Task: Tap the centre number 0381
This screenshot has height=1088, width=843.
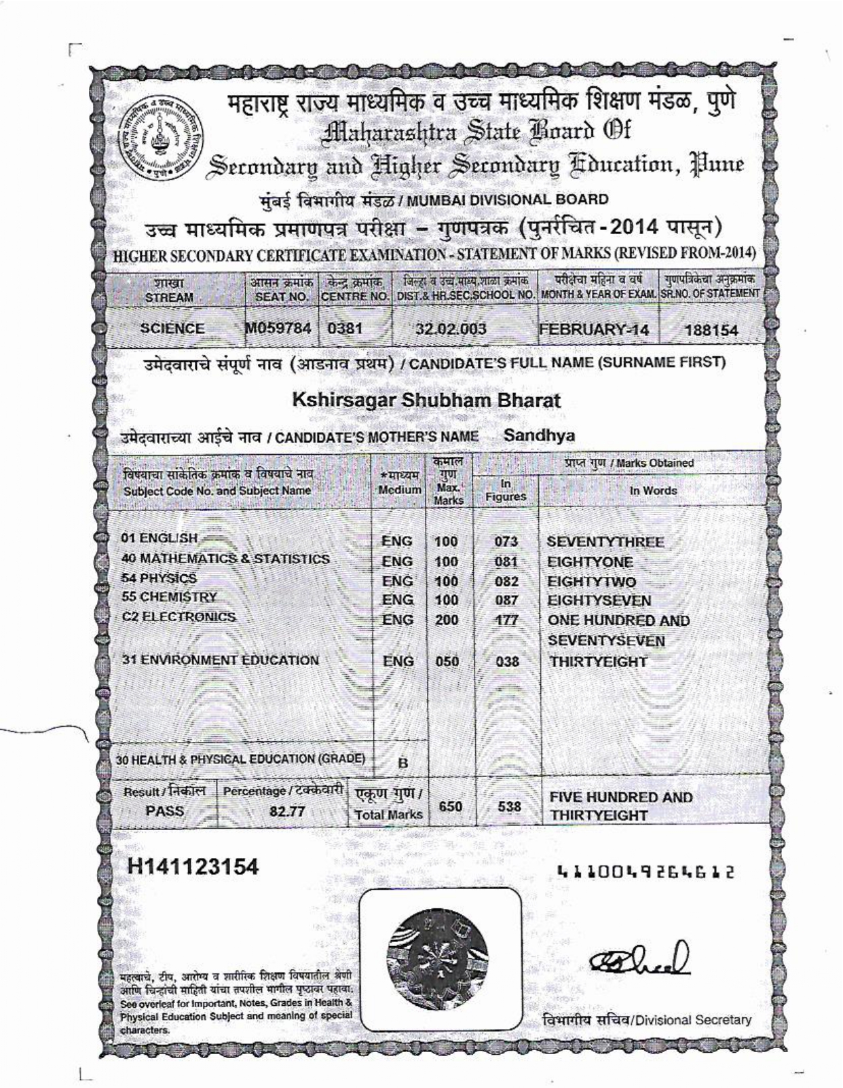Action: point(345,329)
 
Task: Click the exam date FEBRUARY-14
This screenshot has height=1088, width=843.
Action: point(594,330)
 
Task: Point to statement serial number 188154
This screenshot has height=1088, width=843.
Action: point(711,331)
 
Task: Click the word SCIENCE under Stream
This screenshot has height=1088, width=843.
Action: point(172,329)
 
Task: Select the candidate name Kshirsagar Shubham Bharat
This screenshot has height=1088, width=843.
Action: point(426,400)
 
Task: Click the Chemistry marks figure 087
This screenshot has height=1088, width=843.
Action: point(506,601)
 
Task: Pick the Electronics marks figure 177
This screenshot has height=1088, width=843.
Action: point(506,620)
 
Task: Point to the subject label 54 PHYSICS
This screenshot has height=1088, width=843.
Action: point(159,578)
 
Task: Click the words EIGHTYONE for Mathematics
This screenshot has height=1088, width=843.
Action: point(590,562)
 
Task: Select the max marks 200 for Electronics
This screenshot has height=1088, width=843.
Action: point(447,620)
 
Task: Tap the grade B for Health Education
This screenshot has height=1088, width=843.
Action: point(402,762)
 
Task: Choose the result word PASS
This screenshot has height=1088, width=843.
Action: point(165,811)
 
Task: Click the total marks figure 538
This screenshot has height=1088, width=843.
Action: point(509,807)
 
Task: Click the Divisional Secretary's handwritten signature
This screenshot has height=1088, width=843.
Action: point(641,960)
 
